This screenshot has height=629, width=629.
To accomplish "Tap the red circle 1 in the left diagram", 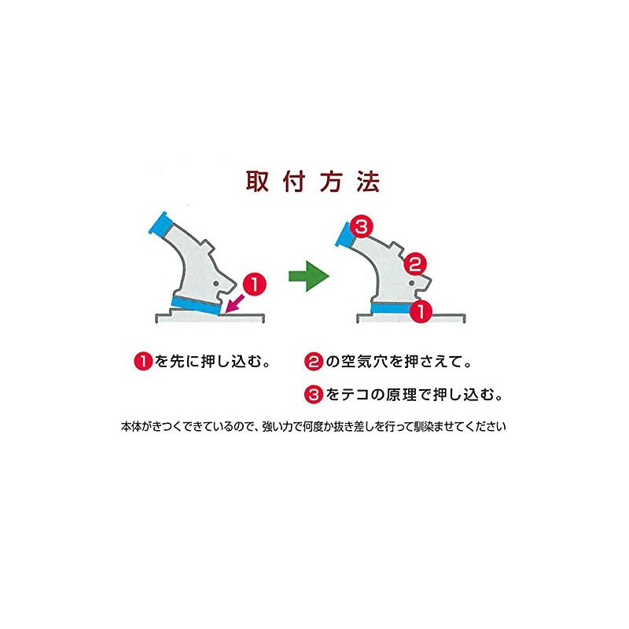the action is click(254, 282).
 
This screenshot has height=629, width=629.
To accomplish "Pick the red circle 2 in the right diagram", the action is click(417, 262).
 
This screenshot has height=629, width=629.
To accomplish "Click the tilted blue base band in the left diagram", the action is click(196, 305).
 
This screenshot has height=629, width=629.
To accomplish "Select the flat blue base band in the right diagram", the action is click(388, 310).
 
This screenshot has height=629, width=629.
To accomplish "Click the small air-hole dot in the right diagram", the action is click(412, 284).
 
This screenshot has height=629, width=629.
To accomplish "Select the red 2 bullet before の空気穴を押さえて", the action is click(313, 362).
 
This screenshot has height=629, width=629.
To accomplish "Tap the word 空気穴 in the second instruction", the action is click(363, 362).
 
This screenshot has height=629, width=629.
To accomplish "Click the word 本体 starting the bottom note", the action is click(130, 428).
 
